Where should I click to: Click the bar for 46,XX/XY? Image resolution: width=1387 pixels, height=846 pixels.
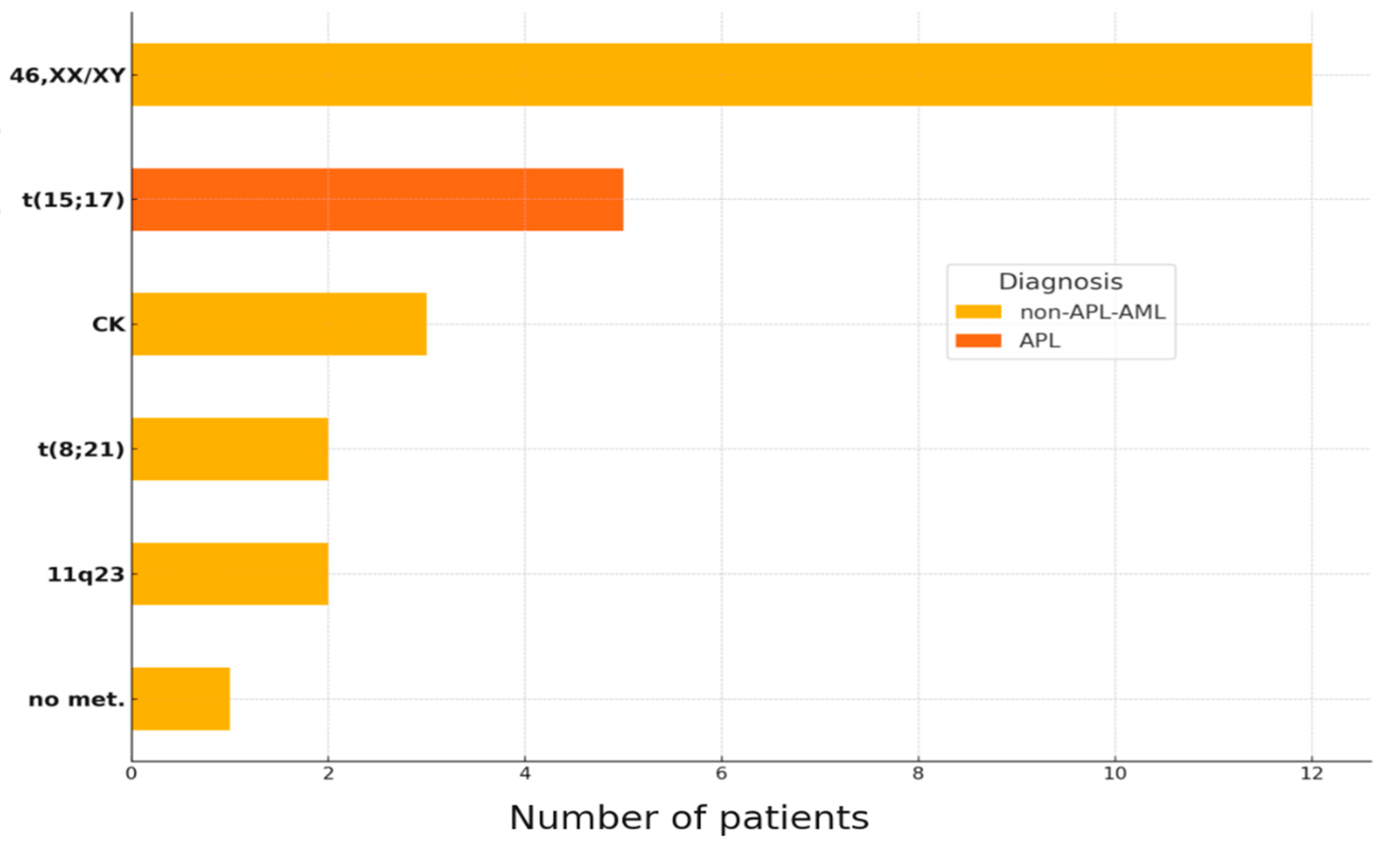(x=722, y=74)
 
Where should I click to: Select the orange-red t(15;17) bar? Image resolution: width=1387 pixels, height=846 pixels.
(x=377, y=199)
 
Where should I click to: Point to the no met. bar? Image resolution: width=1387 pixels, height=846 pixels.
(x=181, y=699)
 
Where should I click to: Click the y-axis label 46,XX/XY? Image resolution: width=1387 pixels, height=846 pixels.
(x=68, y=75)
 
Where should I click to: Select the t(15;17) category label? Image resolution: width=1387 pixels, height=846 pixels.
(x=73, y=200)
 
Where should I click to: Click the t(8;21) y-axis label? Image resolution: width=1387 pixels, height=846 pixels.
(x=81, y=449)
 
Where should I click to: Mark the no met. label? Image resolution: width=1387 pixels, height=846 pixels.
(x=77, y=700)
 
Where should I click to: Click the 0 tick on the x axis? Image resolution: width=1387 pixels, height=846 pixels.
(x=132, y=774)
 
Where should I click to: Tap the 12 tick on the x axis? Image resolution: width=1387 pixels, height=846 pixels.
(x=1312, y=774)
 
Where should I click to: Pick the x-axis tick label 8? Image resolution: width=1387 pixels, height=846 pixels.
(x=918, y=774)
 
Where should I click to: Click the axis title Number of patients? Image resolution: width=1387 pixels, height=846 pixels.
(x=689, y=818)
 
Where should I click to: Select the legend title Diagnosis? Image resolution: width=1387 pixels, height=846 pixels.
(x=1061, y=282)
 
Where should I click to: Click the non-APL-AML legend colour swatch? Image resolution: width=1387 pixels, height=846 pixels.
(x=978, y=312)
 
